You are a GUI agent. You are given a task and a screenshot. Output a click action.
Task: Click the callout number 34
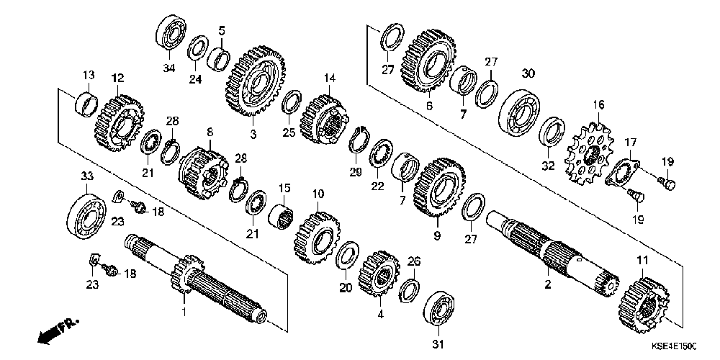pyautogui.click(x=168, y=68)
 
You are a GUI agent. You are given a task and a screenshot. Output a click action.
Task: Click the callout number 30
pyautogui.click(x=528, y=73)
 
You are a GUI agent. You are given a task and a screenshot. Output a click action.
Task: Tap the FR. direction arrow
pyautogui.click(x=55, y=332)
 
